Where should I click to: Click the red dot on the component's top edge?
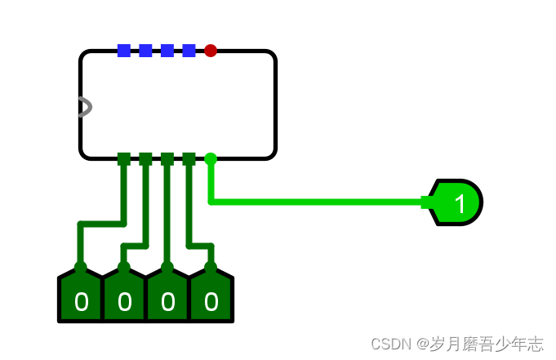[x=211, y=51]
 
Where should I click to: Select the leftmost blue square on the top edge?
[x=124, y=51]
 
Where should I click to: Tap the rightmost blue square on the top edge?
[x=189, y=51]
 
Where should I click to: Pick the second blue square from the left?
[x=145, y=51]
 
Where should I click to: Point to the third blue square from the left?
[x=167, y=51]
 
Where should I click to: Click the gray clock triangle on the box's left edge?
[x=85, y=107]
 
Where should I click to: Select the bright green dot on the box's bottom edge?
[x=211, y=159]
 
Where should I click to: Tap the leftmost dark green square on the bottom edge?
[x=124, y=159]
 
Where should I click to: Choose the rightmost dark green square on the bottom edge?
[x=189, y=159]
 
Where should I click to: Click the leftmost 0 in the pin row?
[x=81, y=302]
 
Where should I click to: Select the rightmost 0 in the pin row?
[x=211, y=302]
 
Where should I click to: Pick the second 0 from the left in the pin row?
[x=124, y=302]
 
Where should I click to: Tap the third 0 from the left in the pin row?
[x=167, y=302]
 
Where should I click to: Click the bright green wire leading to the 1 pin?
[x=318, y=202]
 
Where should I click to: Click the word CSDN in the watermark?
[x=390, y=344]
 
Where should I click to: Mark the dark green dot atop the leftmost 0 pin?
[x=81, y=267]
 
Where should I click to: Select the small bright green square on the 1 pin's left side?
[x=427, y=202]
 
